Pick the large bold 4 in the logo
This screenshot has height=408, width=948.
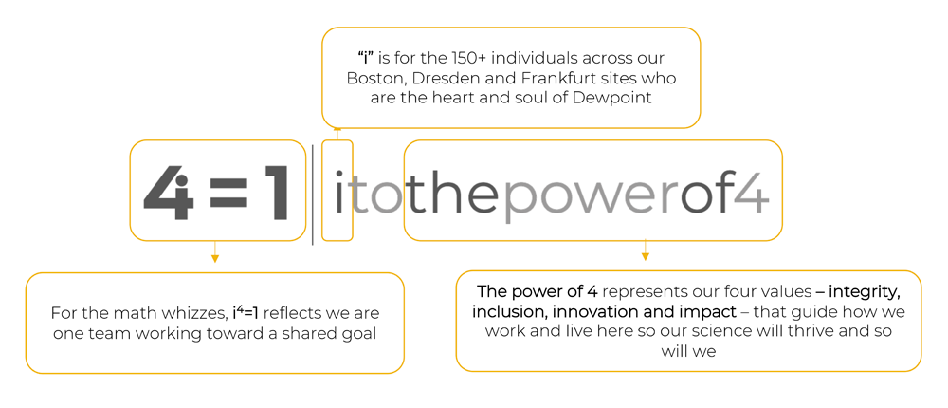[x=169, y=192]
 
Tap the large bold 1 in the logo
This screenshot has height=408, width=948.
[x=274, y=193]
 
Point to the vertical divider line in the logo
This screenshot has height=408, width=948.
[x=313, y=195]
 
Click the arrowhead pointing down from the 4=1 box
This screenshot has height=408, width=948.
[x=214, y=258]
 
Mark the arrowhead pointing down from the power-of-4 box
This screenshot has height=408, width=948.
[x=645, y=257]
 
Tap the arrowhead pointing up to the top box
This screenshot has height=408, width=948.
[x=337, y=128]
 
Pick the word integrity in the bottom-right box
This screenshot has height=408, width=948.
[x=865, y=292]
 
